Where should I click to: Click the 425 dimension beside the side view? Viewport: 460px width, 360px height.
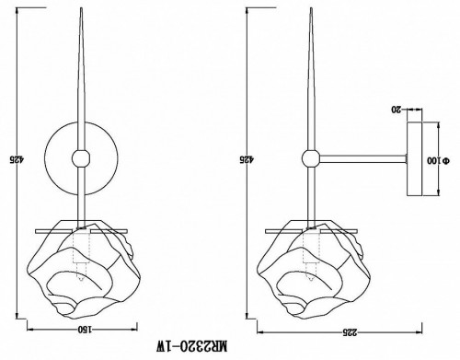point(243,158)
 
